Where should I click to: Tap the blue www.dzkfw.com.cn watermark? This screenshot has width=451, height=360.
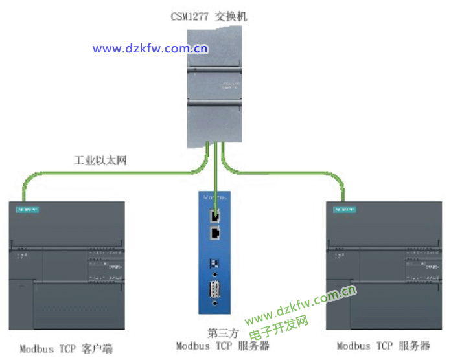coord(150,48)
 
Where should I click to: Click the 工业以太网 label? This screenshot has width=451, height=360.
coord(100,159)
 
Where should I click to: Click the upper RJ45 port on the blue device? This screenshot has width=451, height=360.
coord(216,216)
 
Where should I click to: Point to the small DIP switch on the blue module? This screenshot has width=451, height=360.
coord(215,264)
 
